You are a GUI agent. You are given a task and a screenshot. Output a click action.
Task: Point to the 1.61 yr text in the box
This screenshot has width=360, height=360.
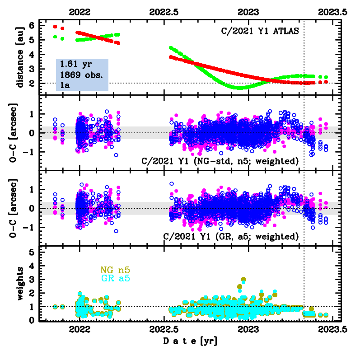coord(71,64)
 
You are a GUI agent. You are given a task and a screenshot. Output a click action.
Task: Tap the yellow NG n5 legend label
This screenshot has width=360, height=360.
coord(115,270)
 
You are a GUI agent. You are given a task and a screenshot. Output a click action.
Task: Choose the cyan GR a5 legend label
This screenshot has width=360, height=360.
coord(115,278)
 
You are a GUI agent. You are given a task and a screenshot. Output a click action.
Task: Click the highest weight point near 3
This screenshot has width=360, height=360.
coord(244,280)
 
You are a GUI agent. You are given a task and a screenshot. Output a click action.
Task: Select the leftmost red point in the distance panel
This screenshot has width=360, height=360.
coord(55,27)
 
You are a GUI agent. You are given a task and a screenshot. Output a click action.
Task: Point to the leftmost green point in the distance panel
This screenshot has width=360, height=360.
coord(55,37)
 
